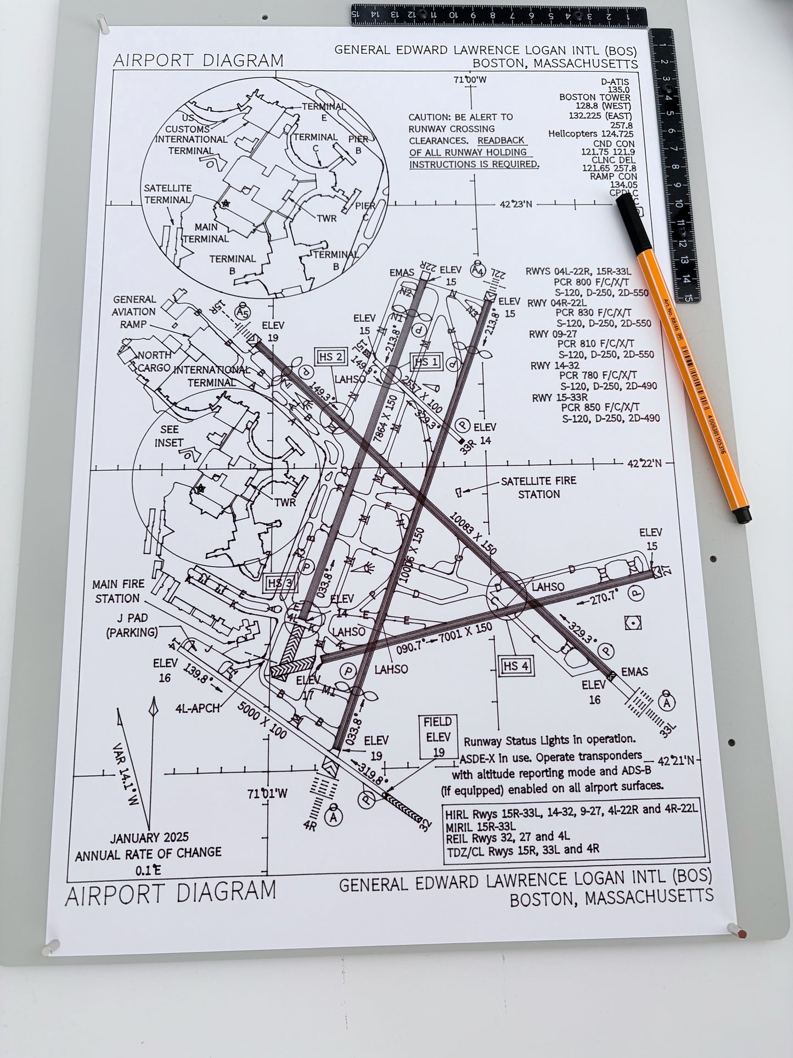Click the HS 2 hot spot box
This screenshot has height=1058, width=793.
point(331,357)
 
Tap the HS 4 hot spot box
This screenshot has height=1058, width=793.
point(516,666)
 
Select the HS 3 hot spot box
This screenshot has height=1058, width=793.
point(280,583)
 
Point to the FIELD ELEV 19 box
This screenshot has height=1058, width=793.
point(437,737)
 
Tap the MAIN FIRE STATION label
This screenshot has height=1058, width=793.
point(118,591)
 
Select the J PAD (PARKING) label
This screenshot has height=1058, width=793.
point(132,625)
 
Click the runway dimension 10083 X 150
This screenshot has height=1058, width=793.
point(473,533)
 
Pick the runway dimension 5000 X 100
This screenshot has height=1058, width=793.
point(262,720)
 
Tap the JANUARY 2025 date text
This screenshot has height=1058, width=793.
point(149,838)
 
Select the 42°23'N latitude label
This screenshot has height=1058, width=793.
point(515,204)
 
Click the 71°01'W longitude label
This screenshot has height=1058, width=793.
point(267,793)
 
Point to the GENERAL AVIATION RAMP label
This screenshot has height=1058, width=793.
point(134,311)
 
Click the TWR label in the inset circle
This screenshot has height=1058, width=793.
point(327,218)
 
